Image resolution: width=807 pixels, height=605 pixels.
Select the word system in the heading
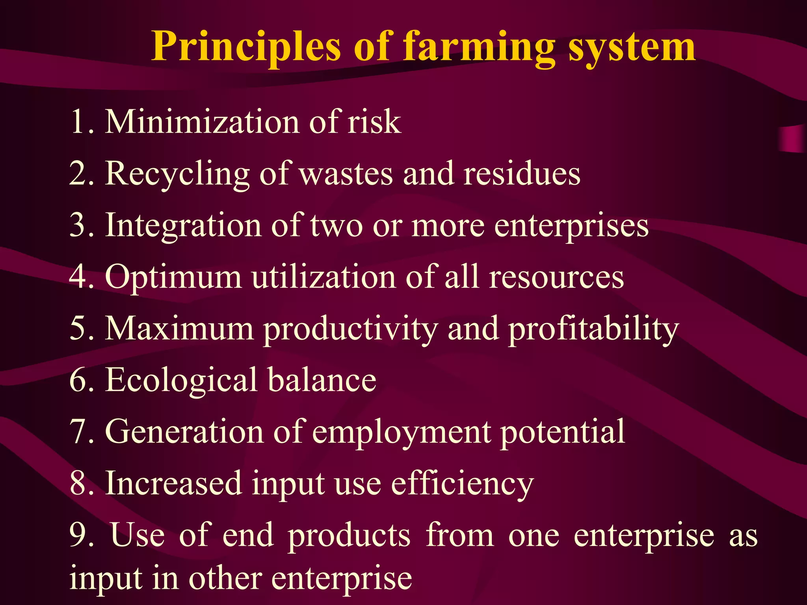[632, 47]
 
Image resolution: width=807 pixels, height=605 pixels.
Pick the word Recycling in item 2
[177, 174]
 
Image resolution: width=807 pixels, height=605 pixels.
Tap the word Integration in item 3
[183, 225]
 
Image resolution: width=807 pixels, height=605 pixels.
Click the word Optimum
[173, 277]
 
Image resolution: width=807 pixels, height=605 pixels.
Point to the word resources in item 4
[556, 277]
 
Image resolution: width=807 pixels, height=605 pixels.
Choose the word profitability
[593, 329]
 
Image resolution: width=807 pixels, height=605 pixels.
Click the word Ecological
[181, 380]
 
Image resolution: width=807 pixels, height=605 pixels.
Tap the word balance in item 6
[322, 380]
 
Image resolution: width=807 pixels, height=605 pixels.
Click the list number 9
[81, 535]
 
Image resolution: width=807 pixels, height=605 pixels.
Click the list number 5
[81, 328]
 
